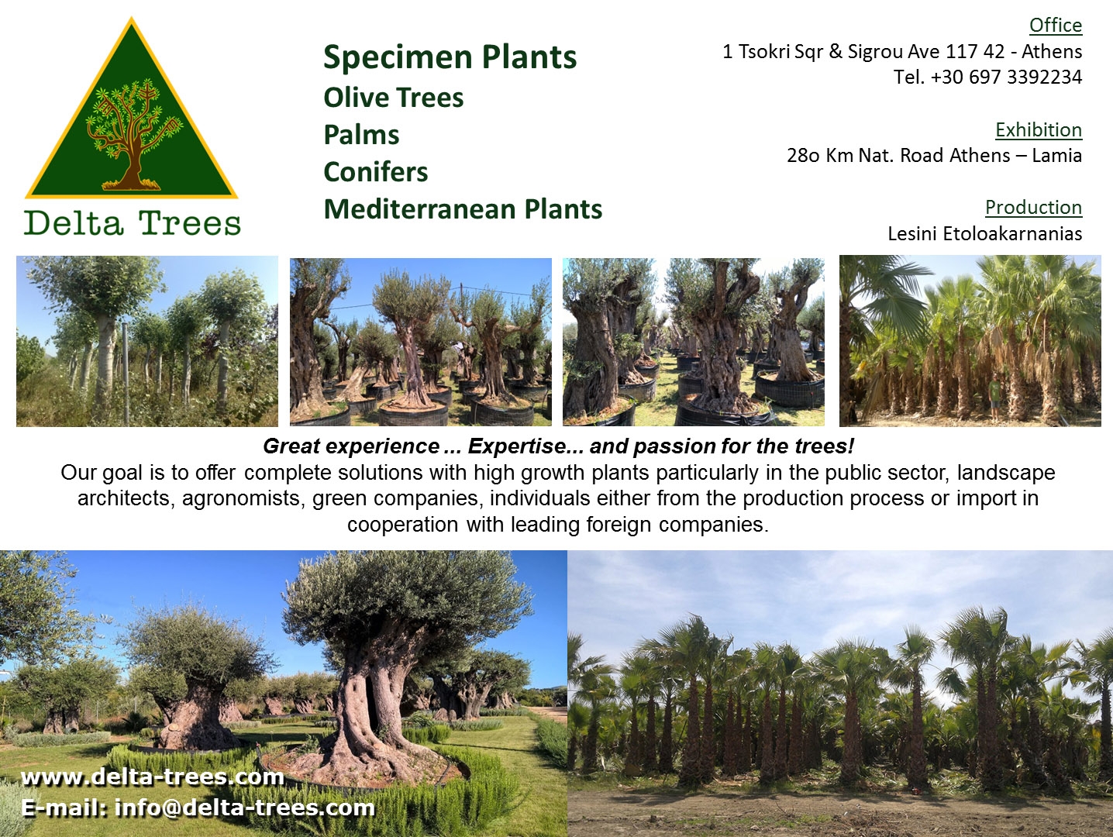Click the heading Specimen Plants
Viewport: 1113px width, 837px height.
point(450,57)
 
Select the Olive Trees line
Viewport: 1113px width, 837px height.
point(393,98)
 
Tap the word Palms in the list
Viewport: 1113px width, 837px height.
point(361,135)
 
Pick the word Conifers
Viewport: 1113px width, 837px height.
point(375,172)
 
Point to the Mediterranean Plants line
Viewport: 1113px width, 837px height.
point(463,209)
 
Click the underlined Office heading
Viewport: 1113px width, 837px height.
point(1055,26)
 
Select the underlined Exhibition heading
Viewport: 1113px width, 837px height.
point(1038,129)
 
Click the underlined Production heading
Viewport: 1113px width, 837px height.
point(1033,207)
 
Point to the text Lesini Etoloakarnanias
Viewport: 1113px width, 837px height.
point(984,233)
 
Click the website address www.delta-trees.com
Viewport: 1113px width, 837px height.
point(153,777)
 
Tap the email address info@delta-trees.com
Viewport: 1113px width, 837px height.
point(244,808)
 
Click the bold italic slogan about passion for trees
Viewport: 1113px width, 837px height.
point(558,446)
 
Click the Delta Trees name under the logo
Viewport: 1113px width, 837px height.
point(133,223)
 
